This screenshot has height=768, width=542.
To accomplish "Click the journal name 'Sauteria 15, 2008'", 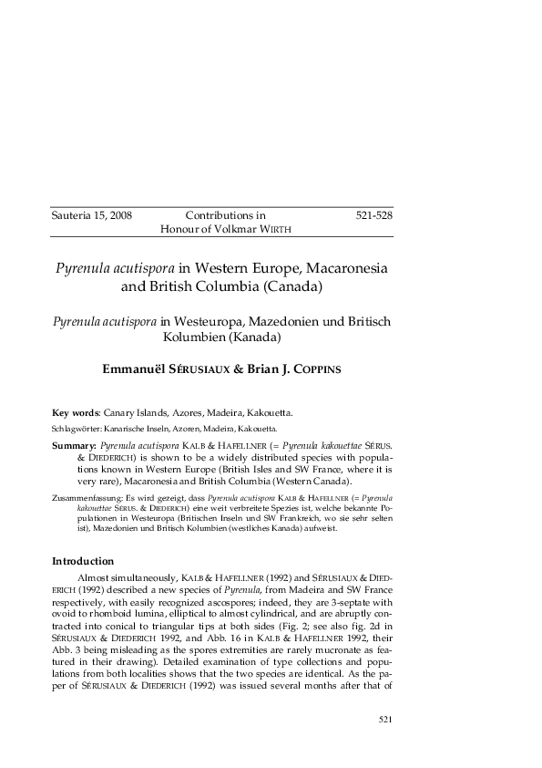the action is point(92,215).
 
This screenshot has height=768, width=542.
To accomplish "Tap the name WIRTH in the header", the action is point(277,229).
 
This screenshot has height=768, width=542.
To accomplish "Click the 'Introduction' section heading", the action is point(83,561).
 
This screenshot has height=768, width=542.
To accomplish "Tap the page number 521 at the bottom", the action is point(384,720).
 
